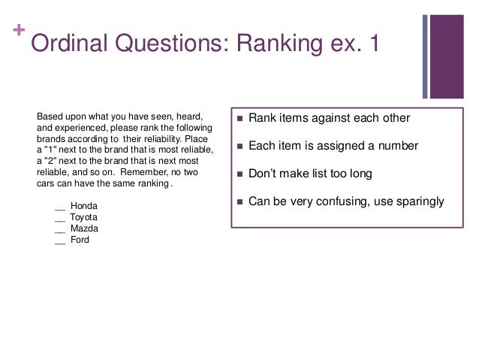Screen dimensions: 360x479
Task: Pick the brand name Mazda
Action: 85,228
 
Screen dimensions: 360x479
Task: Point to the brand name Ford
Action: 80,240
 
